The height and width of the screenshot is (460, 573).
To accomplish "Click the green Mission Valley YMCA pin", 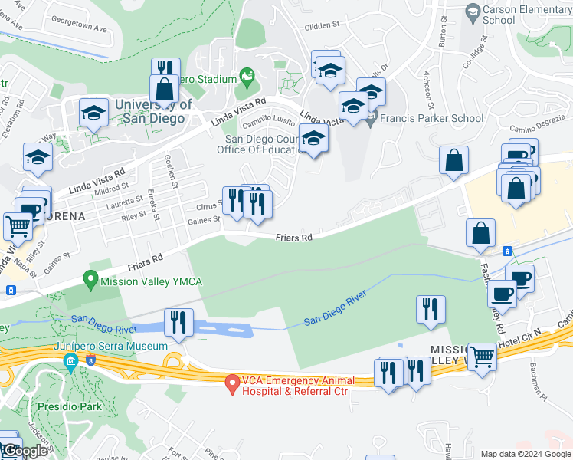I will [x=92, y=281].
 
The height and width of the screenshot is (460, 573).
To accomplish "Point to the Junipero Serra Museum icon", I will [x=70, y=360].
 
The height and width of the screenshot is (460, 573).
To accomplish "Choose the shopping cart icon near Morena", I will [x=18, y=226].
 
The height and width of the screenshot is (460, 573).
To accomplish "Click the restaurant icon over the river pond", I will [x=178, y=322].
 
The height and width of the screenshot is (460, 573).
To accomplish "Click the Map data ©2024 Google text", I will [x=525, y=454].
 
